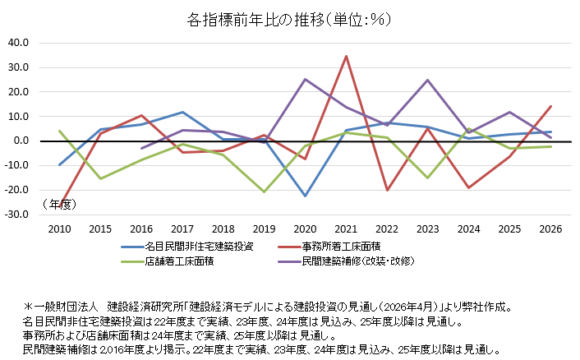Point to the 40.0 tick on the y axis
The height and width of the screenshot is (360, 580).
click(19, 43)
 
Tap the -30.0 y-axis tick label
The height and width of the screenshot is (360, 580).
click(16, 215)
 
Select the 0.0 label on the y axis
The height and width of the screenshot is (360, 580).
click(21, 141)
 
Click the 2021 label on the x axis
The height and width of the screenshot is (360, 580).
click(346, 229)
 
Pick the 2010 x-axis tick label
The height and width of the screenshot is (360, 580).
click(59, 229)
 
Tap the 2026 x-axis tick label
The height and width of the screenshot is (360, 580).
click(550, 229)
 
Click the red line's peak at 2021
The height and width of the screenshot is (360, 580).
click(346, 56)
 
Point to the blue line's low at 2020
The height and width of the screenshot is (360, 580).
click(305, 196)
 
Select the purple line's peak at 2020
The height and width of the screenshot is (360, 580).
click(305, 79)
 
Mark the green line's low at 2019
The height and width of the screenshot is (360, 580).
click(264, 192)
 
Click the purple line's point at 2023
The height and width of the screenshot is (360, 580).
click(428, 80)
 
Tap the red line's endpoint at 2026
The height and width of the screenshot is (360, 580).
click(550, 107)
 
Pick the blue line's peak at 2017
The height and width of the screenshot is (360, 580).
click(182, 112)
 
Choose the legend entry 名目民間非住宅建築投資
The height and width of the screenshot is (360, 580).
click(187, 247)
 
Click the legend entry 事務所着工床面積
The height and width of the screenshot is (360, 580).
click(329, 247)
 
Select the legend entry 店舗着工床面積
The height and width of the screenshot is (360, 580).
click(168, 261)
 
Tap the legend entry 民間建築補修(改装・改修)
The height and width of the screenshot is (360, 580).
click(346, 261)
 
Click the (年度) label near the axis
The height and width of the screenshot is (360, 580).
click(59, 204)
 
